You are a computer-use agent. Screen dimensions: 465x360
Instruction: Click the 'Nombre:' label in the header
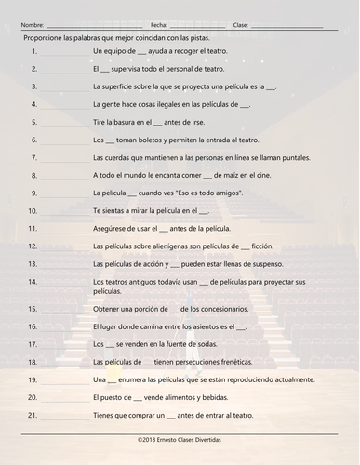(x=32, y=25)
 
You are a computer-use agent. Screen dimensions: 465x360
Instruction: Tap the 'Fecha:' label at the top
(x=158, y=25)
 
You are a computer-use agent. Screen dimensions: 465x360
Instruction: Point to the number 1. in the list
(x=33, y=52)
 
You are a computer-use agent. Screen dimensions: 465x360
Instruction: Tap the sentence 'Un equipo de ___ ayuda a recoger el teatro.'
(x=159, y=52)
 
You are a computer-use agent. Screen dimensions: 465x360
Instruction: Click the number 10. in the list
(x=33, y=210)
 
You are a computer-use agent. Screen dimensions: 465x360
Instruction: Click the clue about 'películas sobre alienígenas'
(x=185, y=246)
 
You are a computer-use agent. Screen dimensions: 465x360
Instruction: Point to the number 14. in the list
(x=33, y=281)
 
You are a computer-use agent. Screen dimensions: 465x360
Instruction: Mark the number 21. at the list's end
(x=33, y=414)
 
